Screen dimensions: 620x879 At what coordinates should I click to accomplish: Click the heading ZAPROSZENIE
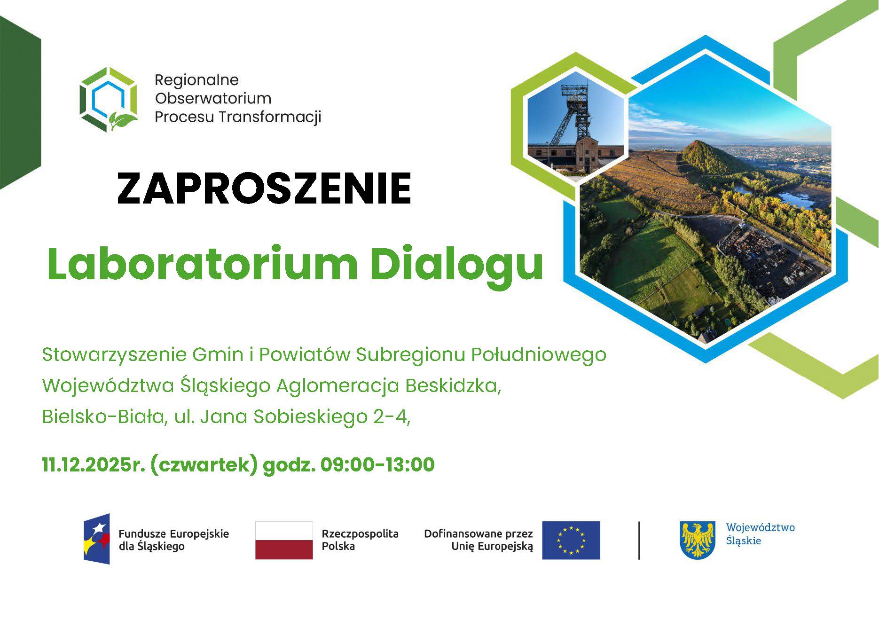tap(264, 188)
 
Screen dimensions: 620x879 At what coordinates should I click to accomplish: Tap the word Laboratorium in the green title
tap(202, 263)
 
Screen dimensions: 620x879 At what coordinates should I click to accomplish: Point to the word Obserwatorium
tap(213, 98)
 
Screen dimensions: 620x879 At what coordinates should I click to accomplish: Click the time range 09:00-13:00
tap(377, 464)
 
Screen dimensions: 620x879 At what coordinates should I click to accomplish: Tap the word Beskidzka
tap(452, 385)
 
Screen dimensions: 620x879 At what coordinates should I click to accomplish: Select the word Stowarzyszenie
tap(114, 354)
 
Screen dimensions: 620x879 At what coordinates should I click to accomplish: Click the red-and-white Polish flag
tap(284, 540)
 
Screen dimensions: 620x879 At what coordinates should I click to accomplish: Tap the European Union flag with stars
tap(571, 540)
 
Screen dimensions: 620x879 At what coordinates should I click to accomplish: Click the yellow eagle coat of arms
tap(698, 540)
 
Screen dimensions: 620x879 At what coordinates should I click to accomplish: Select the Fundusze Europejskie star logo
tap(97, 539)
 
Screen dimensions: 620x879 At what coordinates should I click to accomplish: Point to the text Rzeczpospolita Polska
tap(360, 540)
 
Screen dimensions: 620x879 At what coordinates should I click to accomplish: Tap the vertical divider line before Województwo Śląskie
tap(639, 540)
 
